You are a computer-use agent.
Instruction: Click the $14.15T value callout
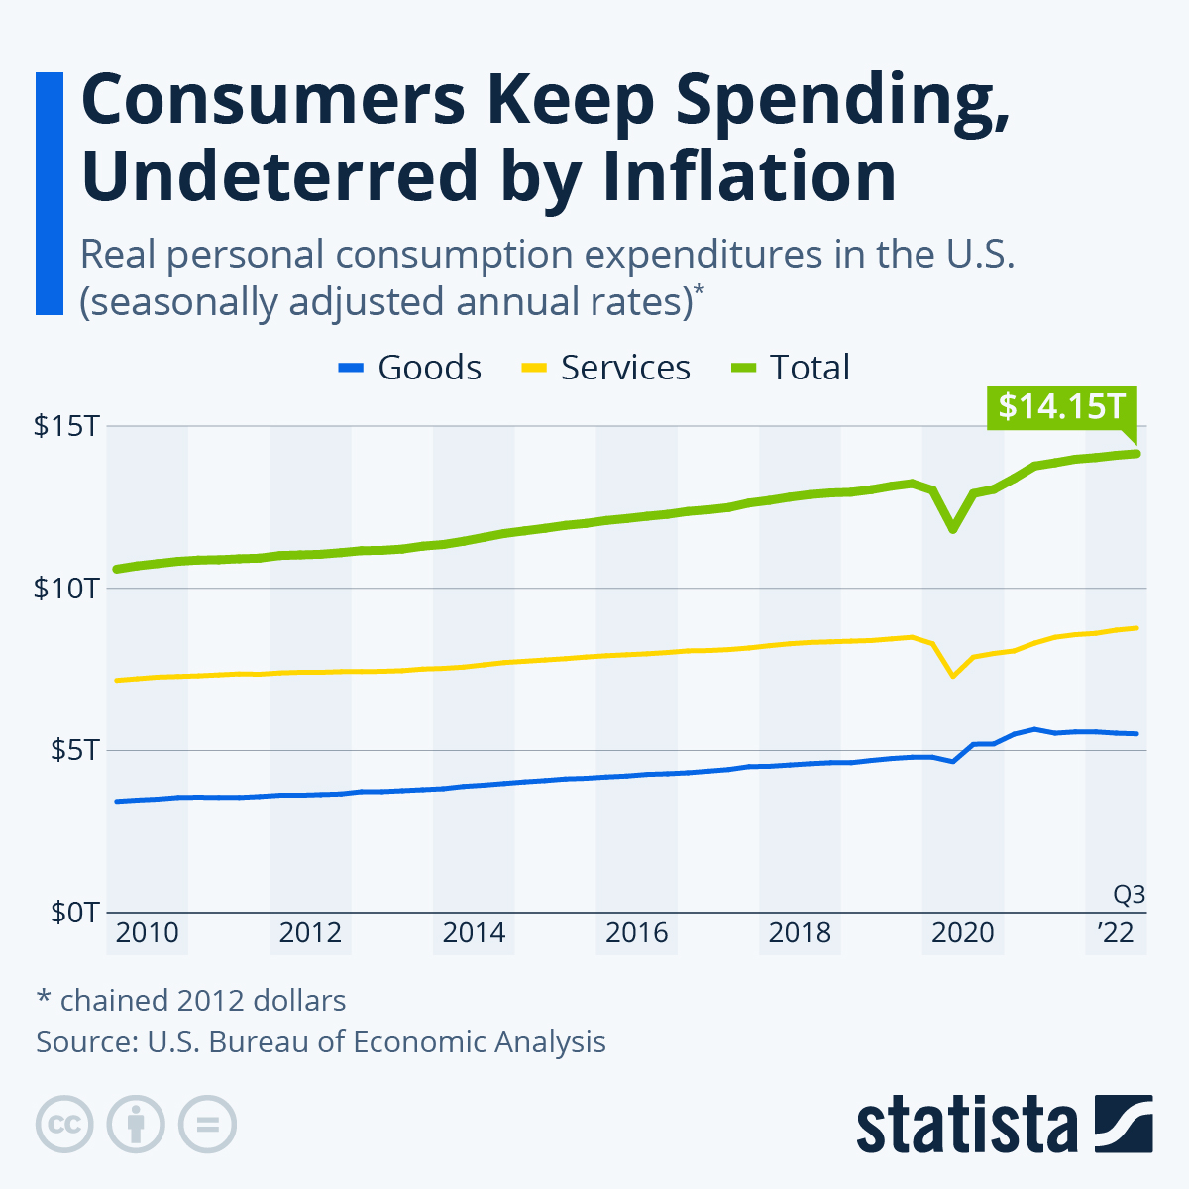pyautogui.click(x=1061, y=407)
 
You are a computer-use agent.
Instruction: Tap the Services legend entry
pyautogui.click(x=605, y=368)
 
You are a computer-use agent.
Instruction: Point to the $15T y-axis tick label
pyautogui.click(x=65, y=427)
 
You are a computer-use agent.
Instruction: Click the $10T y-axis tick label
pyautogui.click(x=65, y=589)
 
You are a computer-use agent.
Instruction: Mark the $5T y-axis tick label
pyautogui.click(x=73, y=750)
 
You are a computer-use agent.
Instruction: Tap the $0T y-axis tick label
pyautogui.click(x=73, y=912)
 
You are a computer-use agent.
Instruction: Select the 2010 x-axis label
pyautogui.click(x=147, y=933)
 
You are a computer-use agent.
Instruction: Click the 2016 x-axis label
pyautogui.click(x=637, y=933)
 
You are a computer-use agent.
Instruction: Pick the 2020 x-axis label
pyautogui.click(x=963, y=933)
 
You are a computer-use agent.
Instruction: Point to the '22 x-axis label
pyautogui.click(x=1115, y=933)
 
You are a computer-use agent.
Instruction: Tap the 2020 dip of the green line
pyautogui.click(x=953, y=529)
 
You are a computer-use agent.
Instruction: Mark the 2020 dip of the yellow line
pyautogui.click(x=953, y=676)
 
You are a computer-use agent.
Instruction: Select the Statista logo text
pyautogui.click(x=967, y=1125)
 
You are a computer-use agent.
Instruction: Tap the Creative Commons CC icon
pyautogui.click(x=64, y=1125)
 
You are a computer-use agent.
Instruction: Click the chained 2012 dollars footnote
pyautogui.click(x=191, y=1001)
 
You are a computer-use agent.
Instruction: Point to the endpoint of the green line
pyautogui.click(x=1137, y=454)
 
